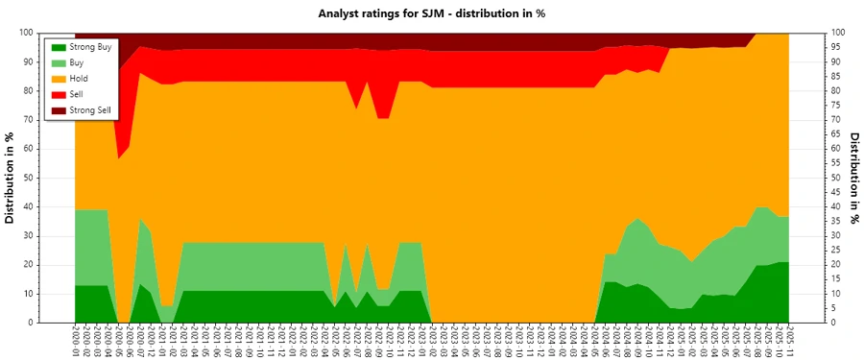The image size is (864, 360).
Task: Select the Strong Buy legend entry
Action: click(x=90, y=46)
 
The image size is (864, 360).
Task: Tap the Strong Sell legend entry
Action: click(x=90, y=110)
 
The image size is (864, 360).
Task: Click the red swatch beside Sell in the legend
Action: click(x=58, y=95)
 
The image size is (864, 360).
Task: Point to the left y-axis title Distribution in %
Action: click(x=11, y=178)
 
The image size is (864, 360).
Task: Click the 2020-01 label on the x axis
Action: click(x=76, y=342)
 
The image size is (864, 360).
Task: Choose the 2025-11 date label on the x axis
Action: click(x=790, y=342)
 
